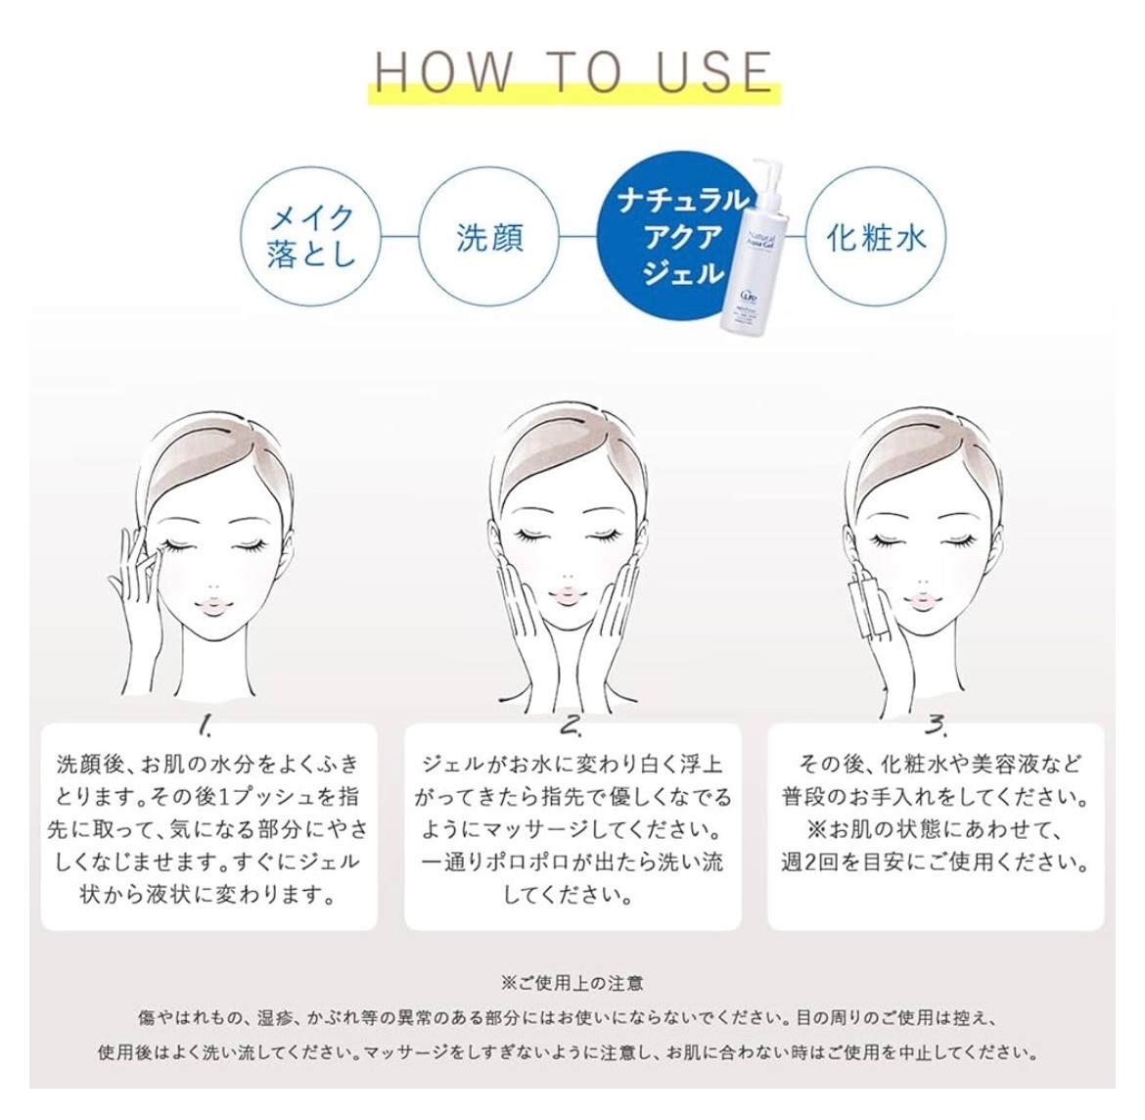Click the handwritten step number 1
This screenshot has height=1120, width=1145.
[x=206, y=723]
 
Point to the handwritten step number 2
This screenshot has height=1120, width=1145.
[x=572, y=723]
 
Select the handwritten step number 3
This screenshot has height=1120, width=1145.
[x=936, y=723]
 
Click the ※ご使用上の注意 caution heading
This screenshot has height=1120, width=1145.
[x=572, y=983]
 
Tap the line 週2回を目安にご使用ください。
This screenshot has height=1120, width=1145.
[x=936, y=863]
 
